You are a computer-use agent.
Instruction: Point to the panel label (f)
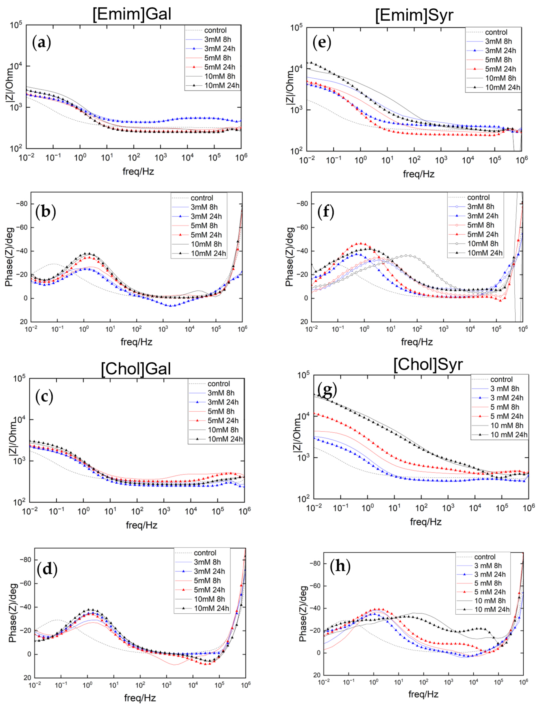326,212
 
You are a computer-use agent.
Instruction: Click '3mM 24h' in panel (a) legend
220,49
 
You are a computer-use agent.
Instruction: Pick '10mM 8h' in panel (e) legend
500,78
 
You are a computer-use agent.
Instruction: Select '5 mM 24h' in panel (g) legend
506,416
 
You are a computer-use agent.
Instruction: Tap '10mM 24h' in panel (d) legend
211,608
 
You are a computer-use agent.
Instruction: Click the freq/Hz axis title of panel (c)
141,525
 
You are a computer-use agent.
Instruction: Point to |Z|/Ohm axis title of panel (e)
290,87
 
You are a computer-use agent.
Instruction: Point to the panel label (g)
327,390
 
